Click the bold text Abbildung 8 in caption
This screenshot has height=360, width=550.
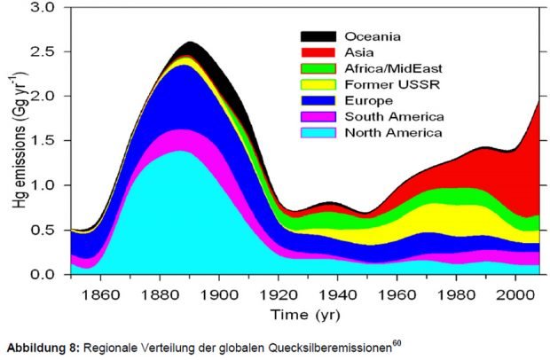pos(40,348)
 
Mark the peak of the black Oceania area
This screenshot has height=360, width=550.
pos(191,43)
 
